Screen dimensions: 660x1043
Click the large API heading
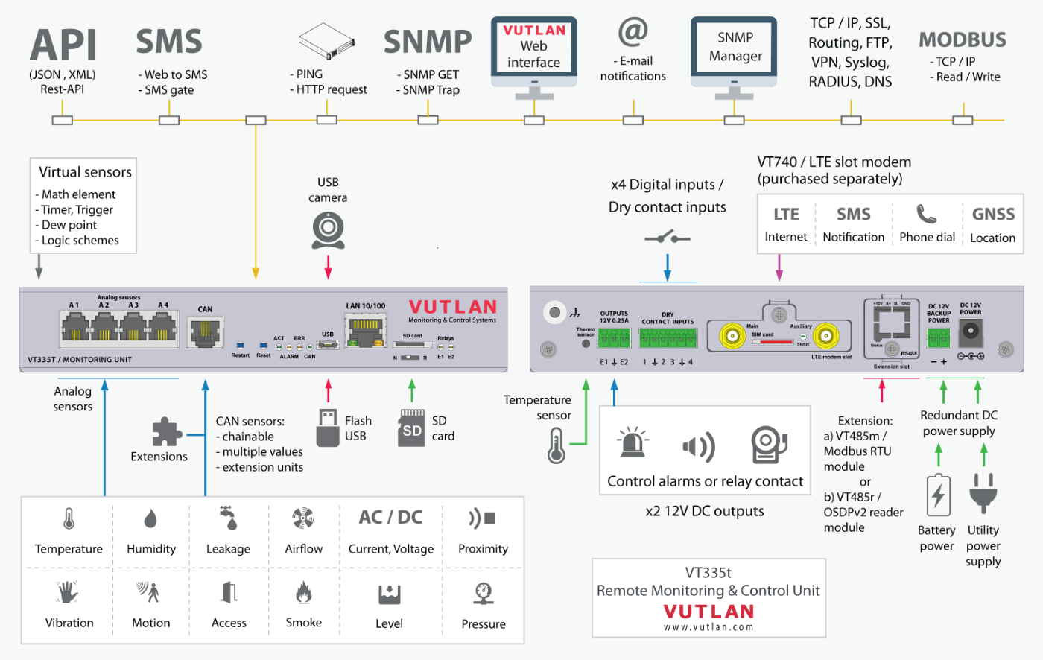click(63, 45)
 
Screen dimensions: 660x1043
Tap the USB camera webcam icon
click(328, 230)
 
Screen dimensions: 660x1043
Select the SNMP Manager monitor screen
click(735, 47)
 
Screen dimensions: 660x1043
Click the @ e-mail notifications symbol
click(633, 31)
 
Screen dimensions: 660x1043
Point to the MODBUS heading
click(962, 39)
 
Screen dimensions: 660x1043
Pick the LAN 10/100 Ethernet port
click(365, 330)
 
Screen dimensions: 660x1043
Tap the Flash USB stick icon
click(328, 428)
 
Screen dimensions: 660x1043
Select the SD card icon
click(412, 428)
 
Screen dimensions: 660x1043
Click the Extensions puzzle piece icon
click(166, 432)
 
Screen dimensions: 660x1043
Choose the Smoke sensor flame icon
click(303, 592)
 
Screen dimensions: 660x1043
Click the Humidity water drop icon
click(150, 518)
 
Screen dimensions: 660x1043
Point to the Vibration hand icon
click(69, 592)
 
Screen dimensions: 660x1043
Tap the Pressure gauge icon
click(483, 593)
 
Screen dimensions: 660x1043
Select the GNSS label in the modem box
click(993, 215)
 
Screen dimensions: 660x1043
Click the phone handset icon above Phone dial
click(926, 215)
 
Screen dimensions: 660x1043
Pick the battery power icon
click(938, 495)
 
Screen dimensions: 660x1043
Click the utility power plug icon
click(983, 494)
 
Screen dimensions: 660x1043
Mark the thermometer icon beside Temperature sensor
click(557, 446)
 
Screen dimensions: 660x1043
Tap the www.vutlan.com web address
click(708, 627)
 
